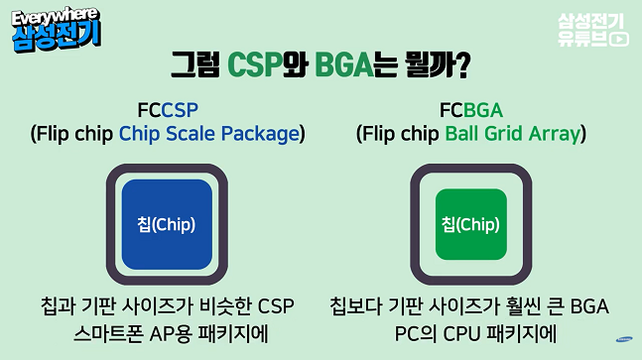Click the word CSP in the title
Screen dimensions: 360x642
pos(255,65)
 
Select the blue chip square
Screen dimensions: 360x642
pos(167,222)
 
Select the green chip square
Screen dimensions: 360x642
pos(471,223)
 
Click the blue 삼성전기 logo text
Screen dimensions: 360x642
pos(57,36)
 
